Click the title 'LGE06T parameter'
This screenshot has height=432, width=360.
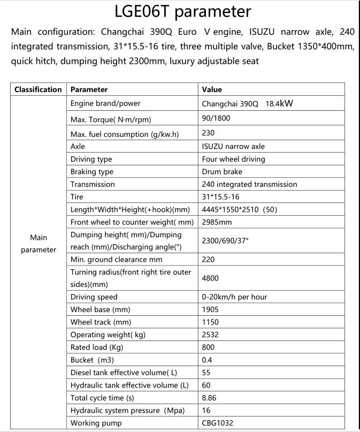click(182, 11)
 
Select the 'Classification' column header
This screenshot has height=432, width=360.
click(38, 89)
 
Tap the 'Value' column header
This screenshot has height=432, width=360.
click(212, 89)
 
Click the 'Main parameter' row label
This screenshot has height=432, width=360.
click(39, 244)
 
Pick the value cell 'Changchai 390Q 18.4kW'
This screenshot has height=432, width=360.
click(247, 104)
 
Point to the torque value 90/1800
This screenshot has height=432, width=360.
click(216, 118)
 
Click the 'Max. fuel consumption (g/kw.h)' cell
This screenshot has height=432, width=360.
click(125, 134)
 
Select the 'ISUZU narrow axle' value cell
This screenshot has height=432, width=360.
click(233, 146)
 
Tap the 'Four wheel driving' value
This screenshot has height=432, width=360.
click(233, 159)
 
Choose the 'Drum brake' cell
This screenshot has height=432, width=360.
click(222, 172)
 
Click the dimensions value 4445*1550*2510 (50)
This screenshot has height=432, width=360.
click(239, 209)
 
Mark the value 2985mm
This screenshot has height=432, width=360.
click(217, 222)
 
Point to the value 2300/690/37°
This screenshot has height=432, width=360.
click(225, 241)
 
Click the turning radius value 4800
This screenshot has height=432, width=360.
click(210, 278)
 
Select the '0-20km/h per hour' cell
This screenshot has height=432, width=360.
click(234, 297)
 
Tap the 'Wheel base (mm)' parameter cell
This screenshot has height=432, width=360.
click(100, 309)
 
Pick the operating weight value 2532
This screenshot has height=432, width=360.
click(211, 335)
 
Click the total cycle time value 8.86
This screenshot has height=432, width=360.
click(210, 398)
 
